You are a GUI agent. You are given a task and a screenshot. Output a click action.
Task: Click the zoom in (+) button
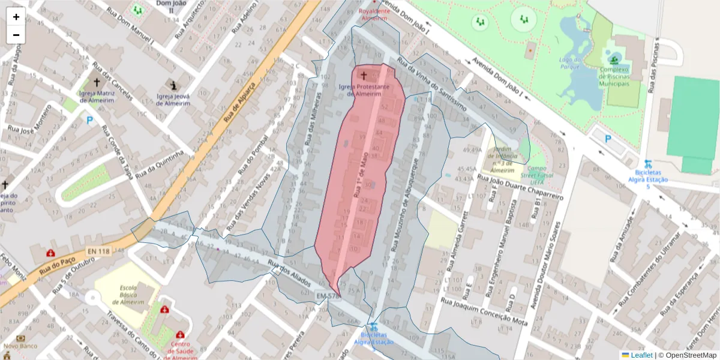16,17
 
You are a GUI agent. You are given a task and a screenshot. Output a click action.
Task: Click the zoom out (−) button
16,35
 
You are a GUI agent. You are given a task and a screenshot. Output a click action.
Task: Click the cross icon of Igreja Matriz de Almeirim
96,82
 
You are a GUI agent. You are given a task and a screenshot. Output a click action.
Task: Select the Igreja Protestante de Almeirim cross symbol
364,76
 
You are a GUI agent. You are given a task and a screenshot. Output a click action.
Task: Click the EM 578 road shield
328,296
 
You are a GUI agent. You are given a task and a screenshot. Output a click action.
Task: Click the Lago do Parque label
571,63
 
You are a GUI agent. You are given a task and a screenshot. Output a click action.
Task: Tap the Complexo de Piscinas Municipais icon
614,59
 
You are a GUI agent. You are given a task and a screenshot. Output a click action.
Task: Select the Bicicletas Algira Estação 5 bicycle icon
647,163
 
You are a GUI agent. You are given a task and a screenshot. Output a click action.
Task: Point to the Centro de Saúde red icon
180,334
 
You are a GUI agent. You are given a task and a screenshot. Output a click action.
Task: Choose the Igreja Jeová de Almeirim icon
173,85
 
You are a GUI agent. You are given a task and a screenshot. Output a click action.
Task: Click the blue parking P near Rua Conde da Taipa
90,120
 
